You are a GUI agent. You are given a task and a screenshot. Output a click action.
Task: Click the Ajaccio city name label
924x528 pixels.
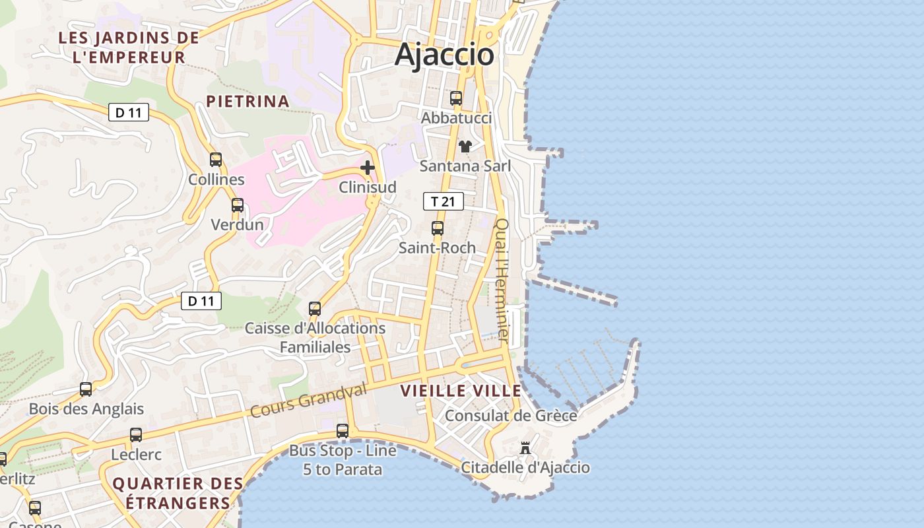(x=444, y=55)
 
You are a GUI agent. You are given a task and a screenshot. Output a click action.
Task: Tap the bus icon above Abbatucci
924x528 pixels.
(x=456, y=98)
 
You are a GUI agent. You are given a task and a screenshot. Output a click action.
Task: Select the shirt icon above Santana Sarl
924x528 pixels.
(x=465, y=146)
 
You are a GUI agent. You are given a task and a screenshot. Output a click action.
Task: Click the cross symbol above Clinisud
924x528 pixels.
(x=368, y=168)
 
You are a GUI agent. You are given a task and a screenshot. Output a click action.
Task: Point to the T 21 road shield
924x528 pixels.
(x=444, y=201)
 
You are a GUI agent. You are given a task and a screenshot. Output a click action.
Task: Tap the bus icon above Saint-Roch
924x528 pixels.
(x=438, y=228)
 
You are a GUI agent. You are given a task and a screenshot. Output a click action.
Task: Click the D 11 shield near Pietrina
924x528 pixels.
(x=129, y=112)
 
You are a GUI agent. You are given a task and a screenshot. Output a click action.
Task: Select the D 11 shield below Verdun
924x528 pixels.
(x=201, y=301)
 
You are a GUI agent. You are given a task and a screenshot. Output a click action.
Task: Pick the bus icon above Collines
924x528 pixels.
(x=216, y=159)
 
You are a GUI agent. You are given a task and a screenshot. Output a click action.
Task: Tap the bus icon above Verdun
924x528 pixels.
(x=238, y=205)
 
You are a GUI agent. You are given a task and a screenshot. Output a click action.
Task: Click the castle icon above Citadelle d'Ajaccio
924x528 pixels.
(x=525, y=448)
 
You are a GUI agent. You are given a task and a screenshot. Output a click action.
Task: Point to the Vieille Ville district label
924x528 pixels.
(x=461, y=390)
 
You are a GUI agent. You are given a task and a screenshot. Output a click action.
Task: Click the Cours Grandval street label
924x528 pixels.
(x=308, y=400)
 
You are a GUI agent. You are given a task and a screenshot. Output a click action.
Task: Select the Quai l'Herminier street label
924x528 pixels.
(x=502, y=280)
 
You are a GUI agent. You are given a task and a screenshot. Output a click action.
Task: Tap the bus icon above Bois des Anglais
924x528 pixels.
(x=86, y=389)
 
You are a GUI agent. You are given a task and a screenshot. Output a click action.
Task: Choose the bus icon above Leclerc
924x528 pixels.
(x=136, y=435)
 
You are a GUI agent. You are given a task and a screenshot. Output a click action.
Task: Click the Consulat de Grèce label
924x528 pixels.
(x=511, y=415)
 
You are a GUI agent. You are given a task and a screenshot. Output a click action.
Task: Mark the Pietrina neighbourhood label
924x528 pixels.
(x=247, y=101)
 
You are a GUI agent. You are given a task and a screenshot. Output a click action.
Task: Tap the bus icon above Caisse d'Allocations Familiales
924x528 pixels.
(x=315, y=308)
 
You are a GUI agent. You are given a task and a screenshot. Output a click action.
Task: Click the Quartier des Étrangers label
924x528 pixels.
(x=172, y=493)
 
